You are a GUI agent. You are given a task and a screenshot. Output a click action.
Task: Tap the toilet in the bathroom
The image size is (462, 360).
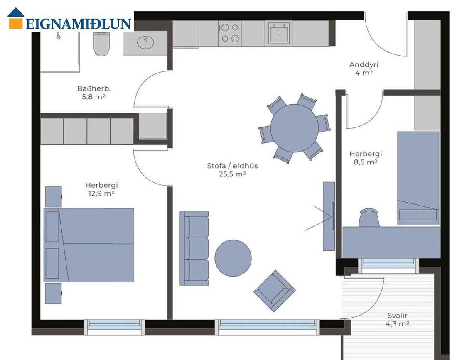coord(101,44)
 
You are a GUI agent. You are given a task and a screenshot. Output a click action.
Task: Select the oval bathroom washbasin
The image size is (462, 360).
coord(145,42)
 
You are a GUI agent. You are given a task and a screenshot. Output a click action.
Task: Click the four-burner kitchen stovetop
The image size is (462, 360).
coord(230,33)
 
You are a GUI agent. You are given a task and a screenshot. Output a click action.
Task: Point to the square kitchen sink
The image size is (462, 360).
coord(279,33)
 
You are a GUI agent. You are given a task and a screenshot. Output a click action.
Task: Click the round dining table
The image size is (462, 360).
coord(294,128)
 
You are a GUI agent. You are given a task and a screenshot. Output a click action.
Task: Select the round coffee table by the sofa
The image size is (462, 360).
coord(233,258)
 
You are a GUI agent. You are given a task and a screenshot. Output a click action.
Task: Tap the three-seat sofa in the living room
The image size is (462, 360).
coord(194,248)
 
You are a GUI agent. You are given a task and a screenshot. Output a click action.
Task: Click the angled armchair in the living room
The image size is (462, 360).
coord(275,291)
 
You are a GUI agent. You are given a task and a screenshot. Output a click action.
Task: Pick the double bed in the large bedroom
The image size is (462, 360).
coord(88,245)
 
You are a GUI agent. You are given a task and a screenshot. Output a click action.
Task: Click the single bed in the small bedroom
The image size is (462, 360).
coord(418,178)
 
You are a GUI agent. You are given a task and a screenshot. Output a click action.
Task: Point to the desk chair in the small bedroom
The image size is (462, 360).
coord(369,218)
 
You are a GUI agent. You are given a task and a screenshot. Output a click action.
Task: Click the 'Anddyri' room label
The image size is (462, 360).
coord(364,64)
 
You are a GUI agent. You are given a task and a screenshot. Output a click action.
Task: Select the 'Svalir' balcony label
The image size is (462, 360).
coord(397,316)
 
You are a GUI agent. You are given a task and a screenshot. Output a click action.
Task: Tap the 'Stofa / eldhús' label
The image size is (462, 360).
coord(233,166)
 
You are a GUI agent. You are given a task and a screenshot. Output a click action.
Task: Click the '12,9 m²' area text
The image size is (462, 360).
coord(101,193)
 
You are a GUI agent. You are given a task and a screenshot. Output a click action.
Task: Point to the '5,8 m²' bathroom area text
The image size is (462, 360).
coord(94,97)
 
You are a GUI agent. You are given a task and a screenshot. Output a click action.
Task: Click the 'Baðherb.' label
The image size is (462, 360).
coord(94,88)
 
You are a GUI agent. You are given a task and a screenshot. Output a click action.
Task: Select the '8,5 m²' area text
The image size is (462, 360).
coord(366,162)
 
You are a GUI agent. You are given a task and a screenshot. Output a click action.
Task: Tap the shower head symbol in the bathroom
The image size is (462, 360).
coord(58,36)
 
